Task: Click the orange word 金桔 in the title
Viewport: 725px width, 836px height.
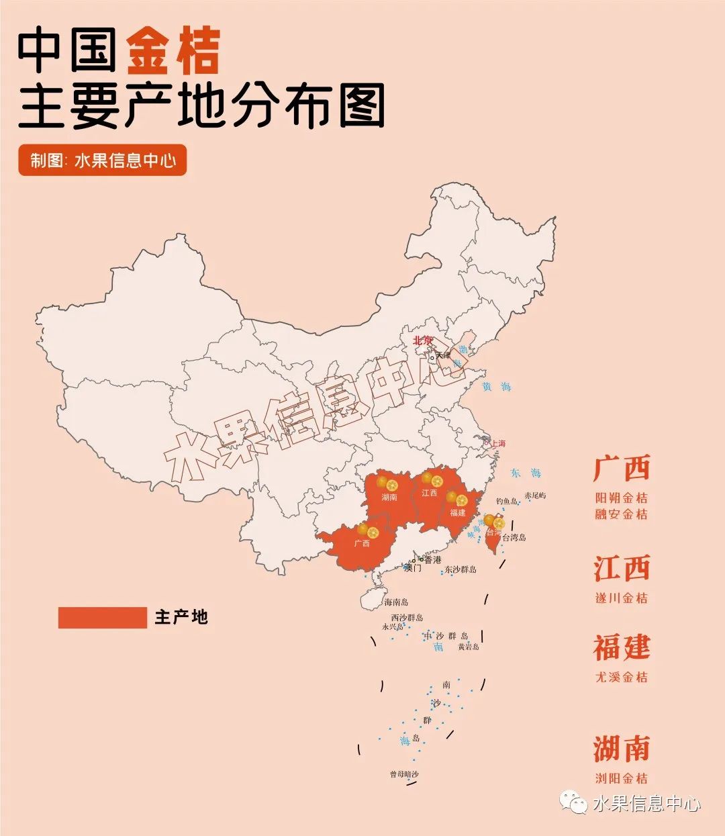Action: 173,52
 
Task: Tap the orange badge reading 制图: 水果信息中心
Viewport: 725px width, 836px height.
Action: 102,160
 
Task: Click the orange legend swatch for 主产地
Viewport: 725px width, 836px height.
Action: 102,618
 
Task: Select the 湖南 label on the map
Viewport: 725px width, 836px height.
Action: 389,498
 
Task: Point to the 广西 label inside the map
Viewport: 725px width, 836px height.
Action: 362,543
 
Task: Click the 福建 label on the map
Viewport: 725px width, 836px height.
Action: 458,513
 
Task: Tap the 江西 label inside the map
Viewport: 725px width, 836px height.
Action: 429,494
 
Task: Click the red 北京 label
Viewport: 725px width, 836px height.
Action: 423,340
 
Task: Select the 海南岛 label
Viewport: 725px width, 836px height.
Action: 396,602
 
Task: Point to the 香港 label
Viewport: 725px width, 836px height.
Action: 433,559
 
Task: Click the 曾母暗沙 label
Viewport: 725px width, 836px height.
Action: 404,774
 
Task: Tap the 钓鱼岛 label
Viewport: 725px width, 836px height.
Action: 507,502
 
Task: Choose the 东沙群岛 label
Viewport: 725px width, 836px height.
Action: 461,569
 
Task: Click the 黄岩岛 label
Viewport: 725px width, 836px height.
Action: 469,647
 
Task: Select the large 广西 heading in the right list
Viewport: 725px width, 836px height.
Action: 622,469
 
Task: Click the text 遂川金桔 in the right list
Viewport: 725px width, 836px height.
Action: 622,598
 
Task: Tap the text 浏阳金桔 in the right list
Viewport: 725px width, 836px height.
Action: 622,778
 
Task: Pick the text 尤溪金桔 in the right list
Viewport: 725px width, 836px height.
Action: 622,677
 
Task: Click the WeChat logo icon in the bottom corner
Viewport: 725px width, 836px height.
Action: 575,802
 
